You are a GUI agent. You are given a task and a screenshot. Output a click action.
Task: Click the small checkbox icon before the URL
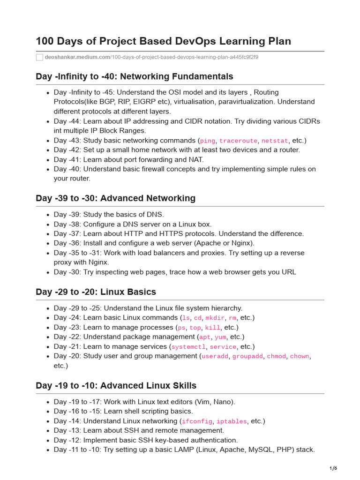pos(39,57)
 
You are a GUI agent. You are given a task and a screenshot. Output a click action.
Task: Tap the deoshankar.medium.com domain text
pos(76,57)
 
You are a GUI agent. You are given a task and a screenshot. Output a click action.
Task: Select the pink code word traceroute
pos(238,141)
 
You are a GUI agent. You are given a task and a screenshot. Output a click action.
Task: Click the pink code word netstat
pos(274,141)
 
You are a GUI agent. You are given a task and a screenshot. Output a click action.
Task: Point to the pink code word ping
pos(208,141)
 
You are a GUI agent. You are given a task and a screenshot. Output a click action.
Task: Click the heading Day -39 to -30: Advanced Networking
pos(115,198)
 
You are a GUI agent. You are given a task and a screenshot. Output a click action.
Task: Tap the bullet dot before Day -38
pos(48,225)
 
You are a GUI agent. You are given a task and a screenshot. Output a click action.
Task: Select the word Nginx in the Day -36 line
pos(242,243)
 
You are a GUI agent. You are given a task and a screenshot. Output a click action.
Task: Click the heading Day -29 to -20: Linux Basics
pos(96,292)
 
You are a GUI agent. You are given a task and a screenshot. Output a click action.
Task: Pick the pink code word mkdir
pos(215,318)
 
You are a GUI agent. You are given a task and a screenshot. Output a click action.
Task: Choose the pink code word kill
pos(212,328)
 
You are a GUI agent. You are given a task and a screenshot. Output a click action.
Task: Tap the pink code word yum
pos(220,337)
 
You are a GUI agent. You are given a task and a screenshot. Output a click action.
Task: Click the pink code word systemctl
pos(188,347)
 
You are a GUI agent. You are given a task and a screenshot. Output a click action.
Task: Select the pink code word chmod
pos(276,356)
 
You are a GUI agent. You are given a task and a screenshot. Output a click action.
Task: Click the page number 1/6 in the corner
pos(333,468)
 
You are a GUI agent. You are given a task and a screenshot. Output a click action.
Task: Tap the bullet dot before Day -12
pos(48,441)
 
